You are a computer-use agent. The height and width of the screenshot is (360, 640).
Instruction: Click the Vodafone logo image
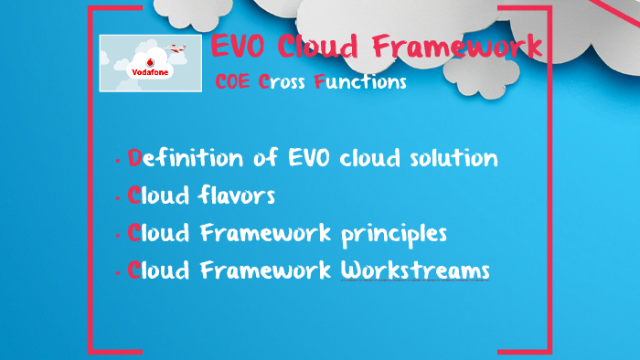click(x=150, y=62)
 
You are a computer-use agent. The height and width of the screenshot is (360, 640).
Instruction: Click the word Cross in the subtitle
click(x=283, y=82)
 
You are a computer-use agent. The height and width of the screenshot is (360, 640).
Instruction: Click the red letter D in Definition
click(x=135, y=158)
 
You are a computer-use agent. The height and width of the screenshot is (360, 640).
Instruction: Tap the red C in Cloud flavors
click(x=134, y=196)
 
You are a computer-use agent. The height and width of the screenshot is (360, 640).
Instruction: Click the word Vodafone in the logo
click(x=150, y=69)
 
